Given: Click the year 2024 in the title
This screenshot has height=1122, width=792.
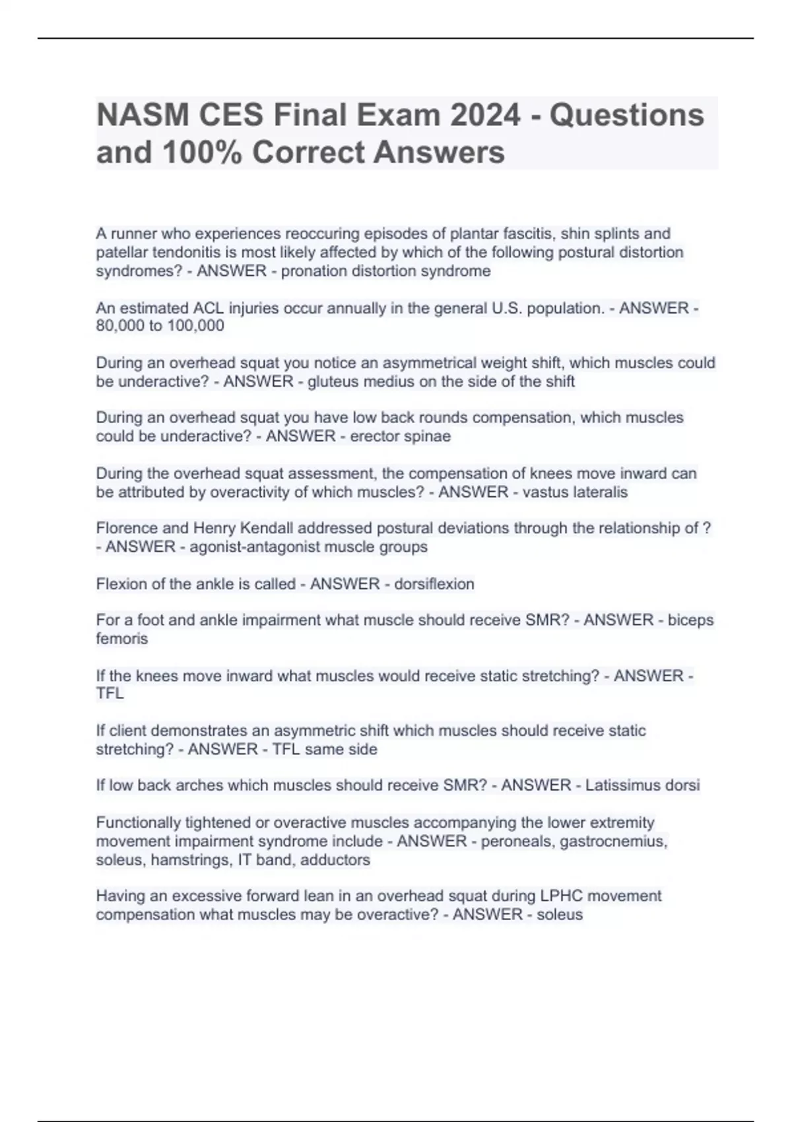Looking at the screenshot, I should click(485, 115).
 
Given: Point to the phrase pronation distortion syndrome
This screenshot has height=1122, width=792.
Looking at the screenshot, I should click(385, 271).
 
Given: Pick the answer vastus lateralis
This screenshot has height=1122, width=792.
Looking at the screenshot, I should click(575, 492).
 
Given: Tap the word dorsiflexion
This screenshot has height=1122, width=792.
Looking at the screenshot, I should click(434, 584).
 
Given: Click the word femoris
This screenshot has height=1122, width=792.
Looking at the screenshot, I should click(122, 638).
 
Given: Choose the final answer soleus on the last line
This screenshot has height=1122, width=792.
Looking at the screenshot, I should click(560, 915).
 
